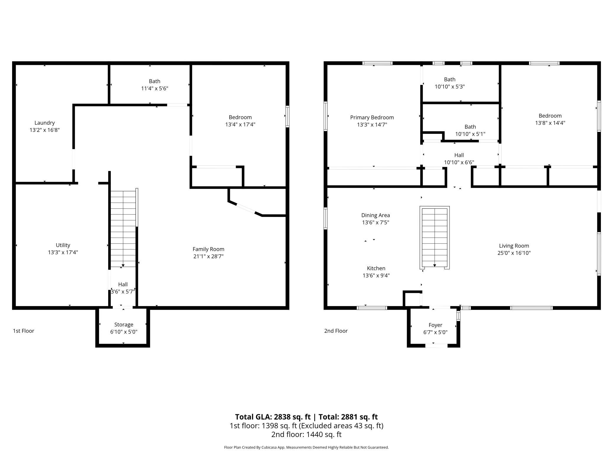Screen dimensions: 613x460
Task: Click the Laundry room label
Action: tap(45, 123)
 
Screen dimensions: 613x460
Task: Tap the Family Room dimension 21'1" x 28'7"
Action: tap(208, 256)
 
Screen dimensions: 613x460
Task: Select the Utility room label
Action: tap(63, 245)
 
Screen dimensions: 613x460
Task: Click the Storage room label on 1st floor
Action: tap(124, 324)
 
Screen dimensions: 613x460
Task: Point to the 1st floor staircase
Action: tap(123, 229)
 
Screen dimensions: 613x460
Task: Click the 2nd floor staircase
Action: tap(434, 238)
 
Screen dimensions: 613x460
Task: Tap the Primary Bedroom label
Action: tap(372, 117)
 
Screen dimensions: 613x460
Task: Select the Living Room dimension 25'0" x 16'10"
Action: tap(514, 253)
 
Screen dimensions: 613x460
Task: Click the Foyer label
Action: tap(435, 325)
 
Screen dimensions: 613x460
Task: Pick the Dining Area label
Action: tap(375, 215)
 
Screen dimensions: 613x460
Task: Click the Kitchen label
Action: tap(376, 268)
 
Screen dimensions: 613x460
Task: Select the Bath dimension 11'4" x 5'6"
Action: tap(155, 88)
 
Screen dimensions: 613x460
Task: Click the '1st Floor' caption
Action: tap(24, 331)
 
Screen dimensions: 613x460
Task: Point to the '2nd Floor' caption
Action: tap(336, 331)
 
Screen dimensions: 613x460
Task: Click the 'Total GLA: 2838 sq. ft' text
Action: tap(273, 417)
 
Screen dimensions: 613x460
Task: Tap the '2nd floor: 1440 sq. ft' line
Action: tap(306, 434)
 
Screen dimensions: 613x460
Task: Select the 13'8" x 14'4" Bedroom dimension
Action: tap(550, 123)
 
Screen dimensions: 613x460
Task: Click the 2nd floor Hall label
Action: tap(459, 155)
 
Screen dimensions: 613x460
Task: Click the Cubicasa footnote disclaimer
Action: tap(306, 447)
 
